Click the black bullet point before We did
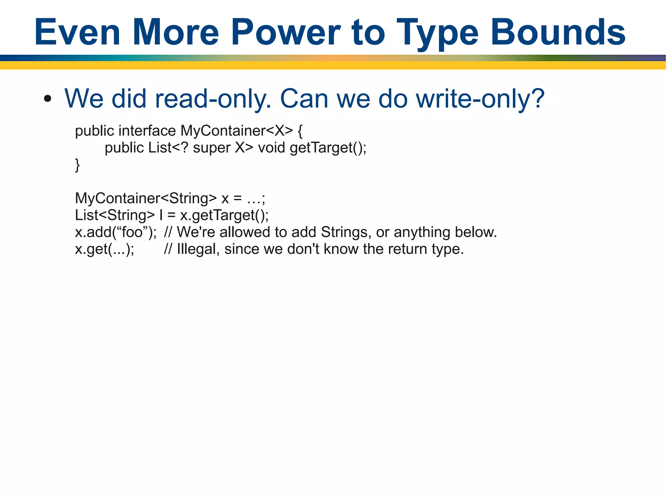[x=47, y=98]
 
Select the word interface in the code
[x=147, y=131]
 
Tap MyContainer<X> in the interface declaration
[x=236, y=131]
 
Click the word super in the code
[x=211, y=148]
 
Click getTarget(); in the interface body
[x=328, y=148]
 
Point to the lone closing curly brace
[x=77, y=165]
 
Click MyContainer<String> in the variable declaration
[x=146, y=198]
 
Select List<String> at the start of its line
[x=115, y=215]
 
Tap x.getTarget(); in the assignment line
[x=224, y=215]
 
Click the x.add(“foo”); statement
[x=116, y=232]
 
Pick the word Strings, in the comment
[x=346, y=232]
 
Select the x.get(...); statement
[x=104, y=249]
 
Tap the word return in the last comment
[x=407, y=249]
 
